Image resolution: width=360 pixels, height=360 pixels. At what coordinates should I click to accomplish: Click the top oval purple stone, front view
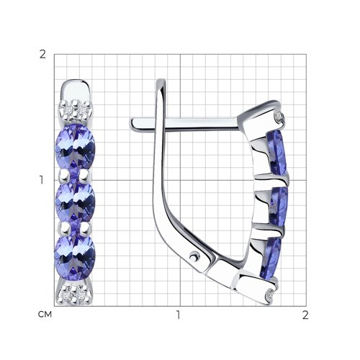[76, 147]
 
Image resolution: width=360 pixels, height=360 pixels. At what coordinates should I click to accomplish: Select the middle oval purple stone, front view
[76, 202]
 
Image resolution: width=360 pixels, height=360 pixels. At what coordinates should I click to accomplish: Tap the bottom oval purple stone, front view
[75, 258]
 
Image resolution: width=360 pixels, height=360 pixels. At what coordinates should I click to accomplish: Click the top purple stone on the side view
[276, 152]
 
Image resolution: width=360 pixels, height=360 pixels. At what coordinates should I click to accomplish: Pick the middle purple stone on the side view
[279, 206]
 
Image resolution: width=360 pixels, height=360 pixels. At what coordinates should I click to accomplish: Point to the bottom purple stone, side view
[271, 258]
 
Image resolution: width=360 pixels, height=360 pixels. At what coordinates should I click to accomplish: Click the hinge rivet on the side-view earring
[194, 256]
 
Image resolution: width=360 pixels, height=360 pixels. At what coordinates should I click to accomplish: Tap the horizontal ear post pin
[185, 125]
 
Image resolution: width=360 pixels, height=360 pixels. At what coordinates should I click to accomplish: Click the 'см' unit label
[45, 315]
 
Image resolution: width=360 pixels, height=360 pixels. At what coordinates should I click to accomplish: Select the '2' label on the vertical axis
[42, 55]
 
